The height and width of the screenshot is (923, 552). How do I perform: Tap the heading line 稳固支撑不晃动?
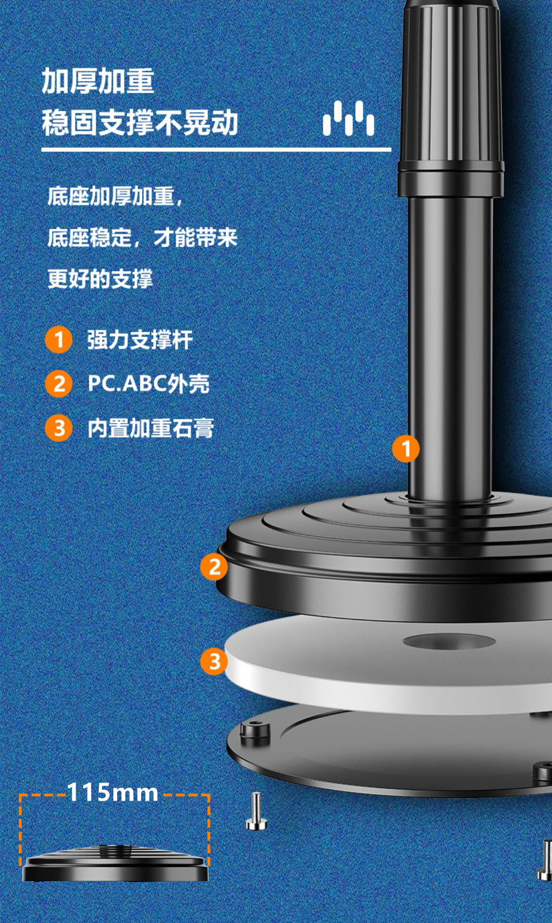140,123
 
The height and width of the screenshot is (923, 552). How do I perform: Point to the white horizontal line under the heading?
216,150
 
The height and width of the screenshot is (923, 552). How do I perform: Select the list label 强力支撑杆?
140,340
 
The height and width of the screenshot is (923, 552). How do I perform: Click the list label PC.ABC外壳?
148,384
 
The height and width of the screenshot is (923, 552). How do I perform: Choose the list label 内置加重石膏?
150,428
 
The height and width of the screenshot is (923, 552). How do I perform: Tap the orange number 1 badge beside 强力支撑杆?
59,340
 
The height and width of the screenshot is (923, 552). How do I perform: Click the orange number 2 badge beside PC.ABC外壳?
59,384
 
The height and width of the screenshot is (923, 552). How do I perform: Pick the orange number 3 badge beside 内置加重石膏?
59,428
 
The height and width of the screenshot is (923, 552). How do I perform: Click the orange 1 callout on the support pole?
406,449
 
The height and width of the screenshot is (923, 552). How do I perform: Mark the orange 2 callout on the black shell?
214,567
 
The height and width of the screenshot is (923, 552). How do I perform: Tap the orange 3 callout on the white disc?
214,661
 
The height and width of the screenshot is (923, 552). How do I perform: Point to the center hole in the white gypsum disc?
449,641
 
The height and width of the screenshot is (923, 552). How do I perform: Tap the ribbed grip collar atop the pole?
450,87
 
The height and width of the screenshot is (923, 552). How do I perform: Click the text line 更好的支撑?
100,279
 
